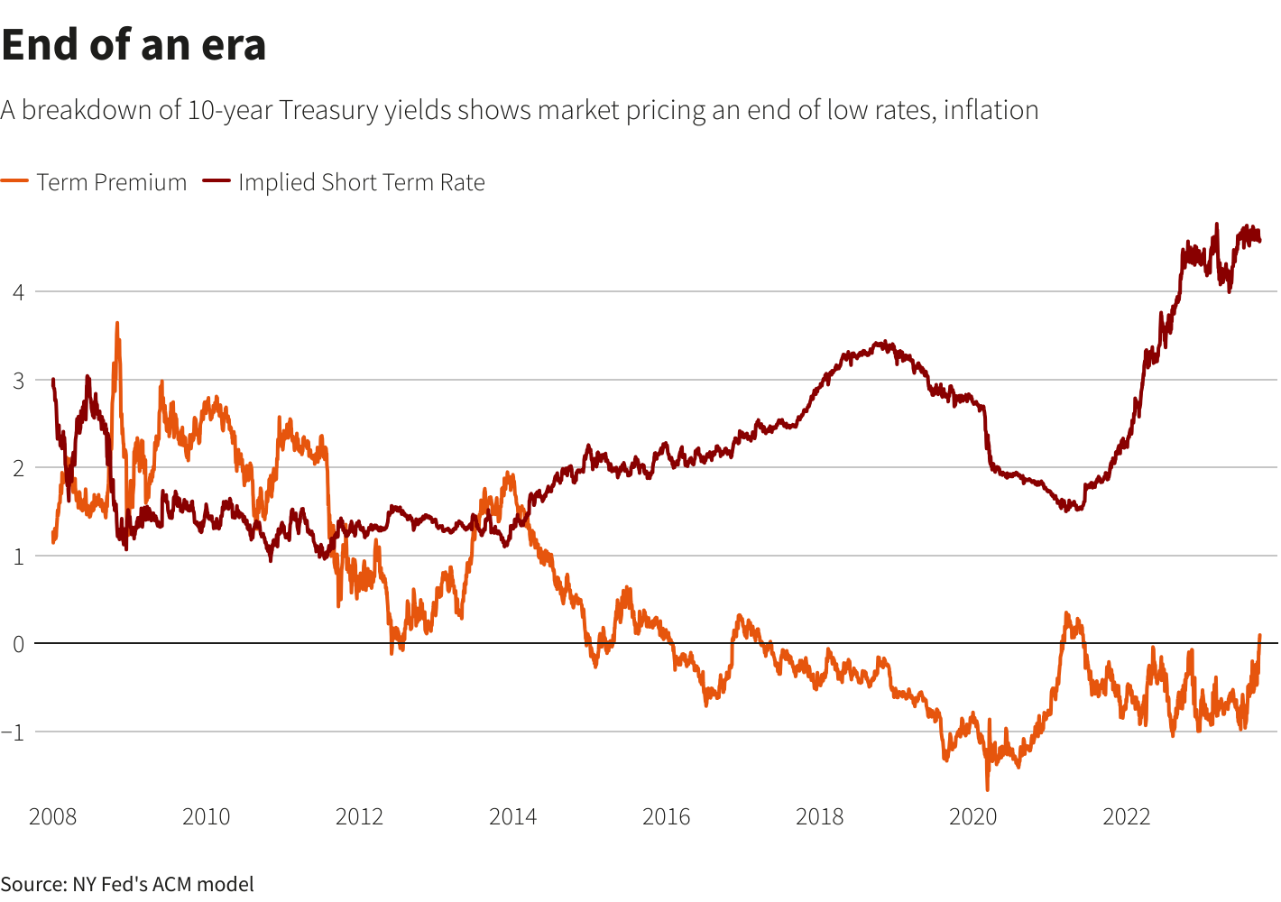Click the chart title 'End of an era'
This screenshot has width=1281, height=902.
134,45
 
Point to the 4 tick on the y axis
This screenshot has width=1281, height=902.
18,291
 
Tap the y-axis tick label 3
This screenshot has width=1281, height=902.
18,380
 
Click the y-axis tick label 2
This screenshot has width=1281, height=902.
18,467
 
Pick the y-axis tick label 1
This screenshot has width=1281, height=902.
18,556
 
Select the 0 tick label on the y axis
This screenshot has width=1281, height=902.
18,644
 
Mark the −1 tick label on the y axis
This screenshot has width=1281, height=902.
14,732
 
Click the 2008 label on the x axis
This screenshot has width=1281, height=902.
53,817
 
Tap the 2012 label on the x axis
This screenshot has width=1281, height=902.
359,817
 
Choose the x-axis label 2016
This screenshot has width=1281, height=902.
666,817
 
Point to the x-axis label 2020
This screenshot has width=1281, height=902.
972,817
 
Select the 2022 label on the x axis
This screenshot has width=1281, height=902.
1126,817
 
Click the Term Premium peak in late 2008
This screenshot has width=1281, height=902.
117,323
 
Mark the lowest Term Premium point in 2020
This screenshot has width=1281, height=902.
987,789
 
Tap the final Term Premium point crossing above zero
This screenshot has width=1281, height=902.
1259,636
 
